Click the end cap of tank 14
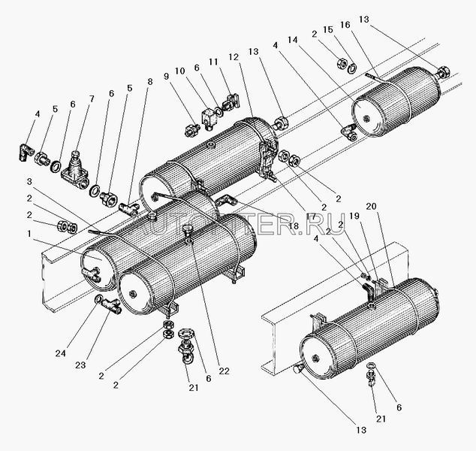pos(367,114)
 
